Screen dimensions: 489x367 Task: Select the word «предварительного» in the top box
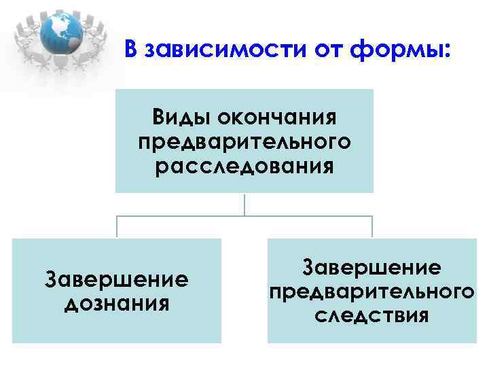(244, 142)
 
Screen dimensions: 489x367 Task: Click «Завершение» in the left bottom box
(116, 279)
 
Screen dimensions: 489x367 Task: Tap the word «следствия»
(372, 315)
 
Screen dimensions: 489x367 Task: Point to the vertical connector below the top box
(244, 205)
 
